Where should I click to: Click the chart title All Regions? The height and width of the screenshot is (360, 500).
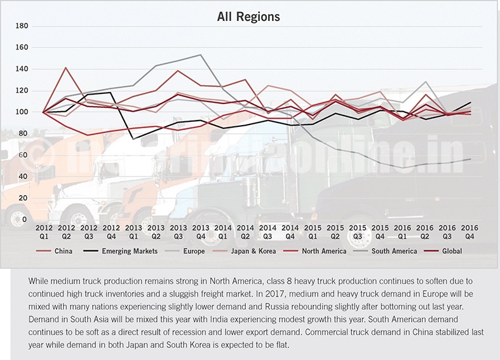coord(248,15)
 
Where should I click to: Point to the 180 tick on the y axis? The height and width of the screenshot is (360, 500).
coord(22,26)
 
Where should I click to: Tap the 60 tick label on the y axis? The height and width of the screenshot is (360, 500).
coord(24,155)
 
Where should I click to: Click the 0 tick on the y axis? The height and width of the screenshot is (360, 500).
coord(25,220)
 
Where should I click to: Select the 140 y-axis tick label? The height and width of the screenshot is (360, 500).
coord(22,69)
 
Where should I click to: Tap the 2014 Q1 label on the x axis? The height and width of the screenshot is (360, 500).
coord(223,232)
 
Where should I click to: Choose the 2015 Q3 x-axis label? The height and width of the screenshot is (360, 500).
coord(357,232)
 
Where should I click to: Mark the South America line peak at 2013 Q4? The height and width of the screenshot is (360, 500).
coord(201,55)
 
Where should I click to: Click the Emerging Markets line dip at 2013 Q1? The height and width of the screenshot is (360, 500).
coord(133,138)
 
